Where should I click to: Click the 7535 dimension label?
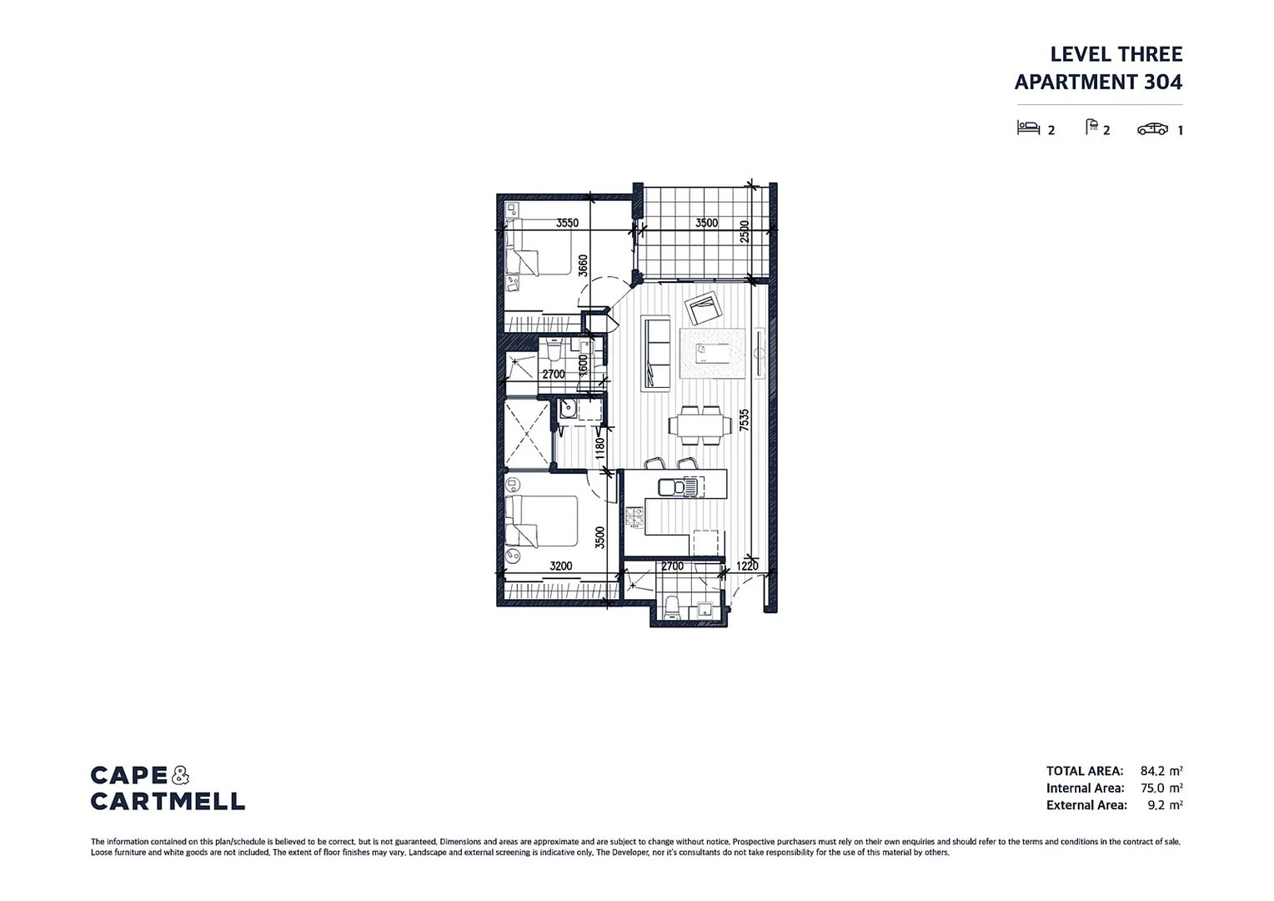coord(744,419)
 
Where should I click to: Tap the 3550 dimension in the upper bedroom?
coord(567,223)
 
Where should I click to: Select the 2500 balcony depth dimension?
coord(745,231)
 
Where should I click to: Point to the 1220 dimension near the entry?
coord(747,566)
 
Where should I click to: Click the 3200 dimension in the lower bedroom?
coord(560,566)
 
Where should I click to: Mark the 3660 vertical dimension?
coord(583,265)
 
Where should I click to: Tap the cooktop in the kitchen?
coord(635,516)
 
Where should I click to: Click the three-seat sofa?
coord(655,354)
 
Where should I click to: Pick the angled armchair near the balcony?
coord(702,310)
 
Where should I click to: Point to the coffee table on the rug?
coord(710,353)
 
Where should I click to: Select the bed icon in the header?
coord(1028,128)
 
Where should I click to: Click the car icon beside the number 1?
coord(1152,128)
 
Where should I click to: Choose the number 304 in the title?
coord(1163,82)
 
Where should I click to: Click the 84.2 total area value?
coord(1152,772)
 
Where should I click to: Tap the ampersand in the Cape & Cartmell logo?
coord(180,776)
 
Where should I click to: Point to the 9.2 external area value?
coord(1156,805)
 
